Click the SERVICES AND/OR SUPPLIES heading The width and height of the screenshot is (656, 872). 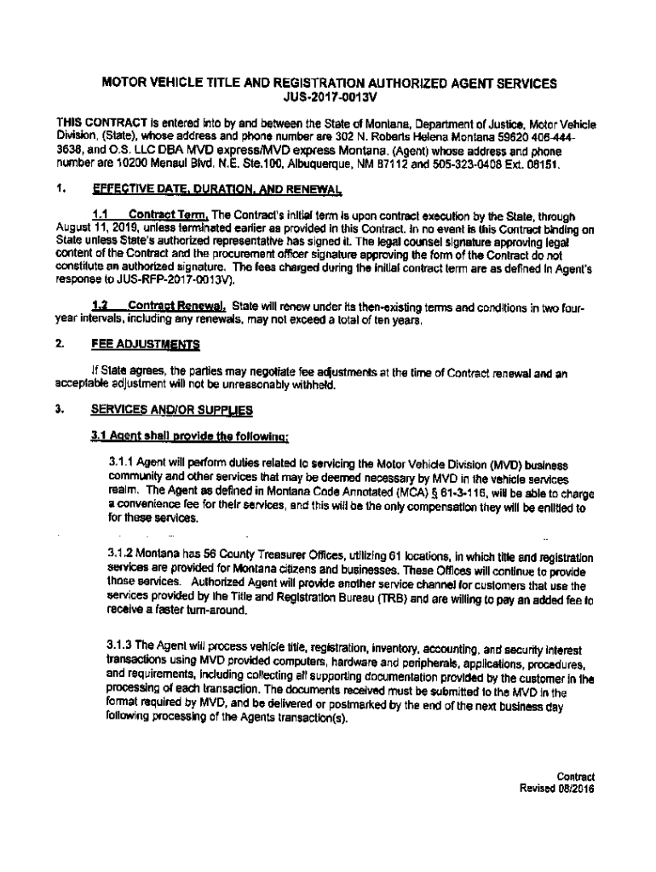[x=172, y=410]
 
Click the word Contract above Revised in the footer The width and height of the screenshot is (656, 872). [x=575, y=776]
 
